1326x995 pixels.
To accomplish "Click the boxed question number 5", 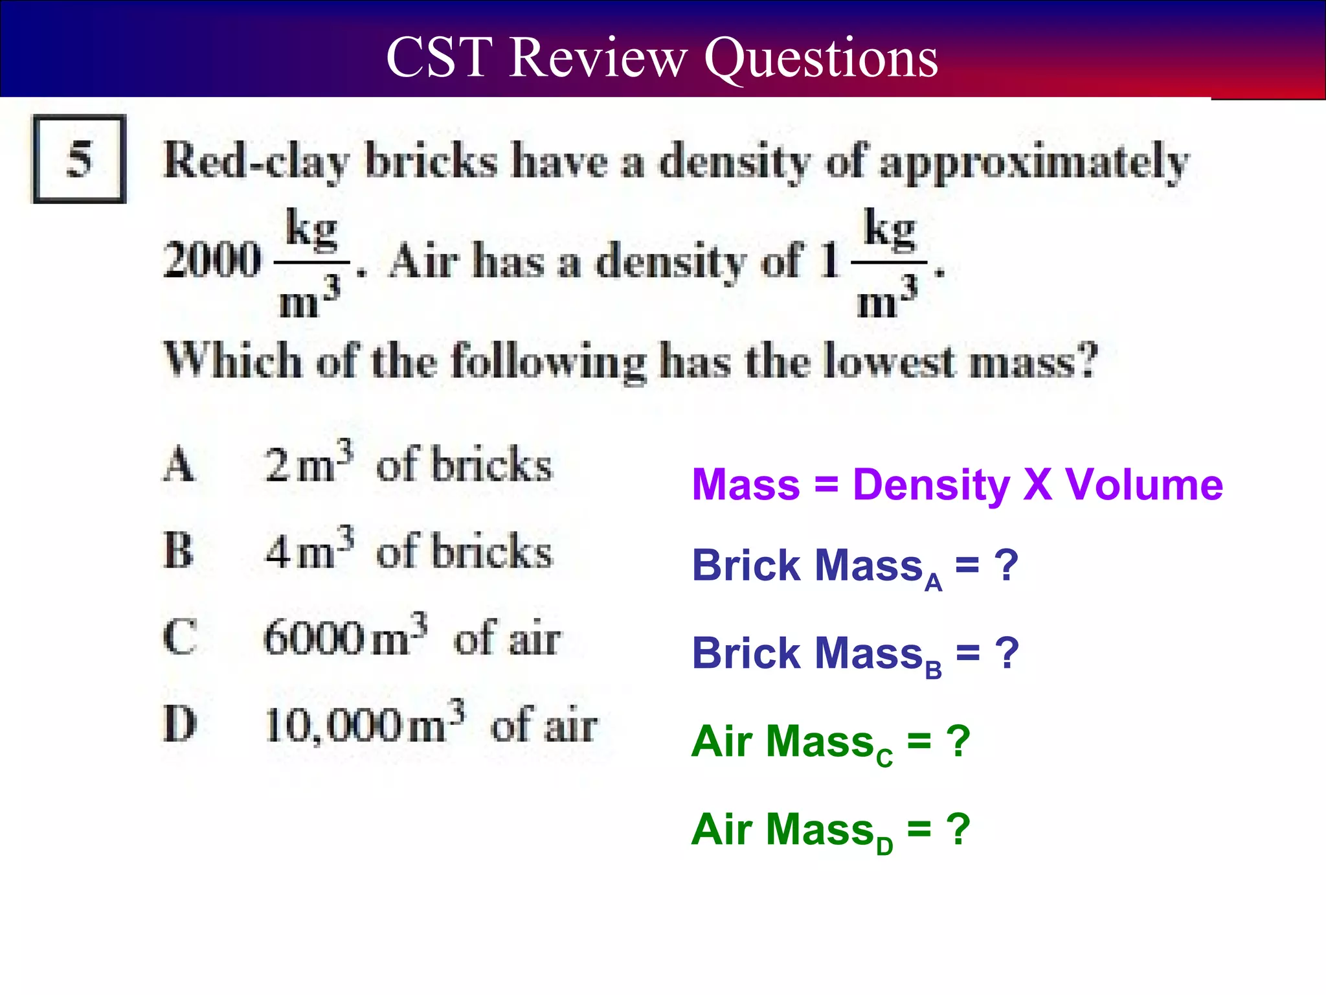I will [79, 159].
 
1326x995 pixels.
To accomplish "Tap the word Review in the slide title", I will [597, 58].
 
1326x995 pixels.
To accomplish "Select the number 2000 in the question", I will [212, 260].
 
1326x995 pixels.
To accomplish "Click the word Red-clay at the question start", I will [257, 161].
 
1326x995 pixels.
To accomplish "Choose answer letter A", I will [178, 465].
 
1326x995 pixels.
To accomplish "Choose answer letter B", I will [178, 551].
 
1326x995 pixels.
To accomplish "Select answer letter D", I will [179, 724].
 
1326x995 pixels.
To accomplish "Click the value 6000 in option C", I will [315, 638].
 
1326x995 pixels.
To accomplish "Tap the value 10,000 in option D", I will [333, 725].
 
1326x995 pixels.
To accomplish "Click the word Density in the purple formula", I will [931, 485].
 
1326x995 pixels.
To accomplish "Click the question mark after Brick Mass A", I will [1006, 565].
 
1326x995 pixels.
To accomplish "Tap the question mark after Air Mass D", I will [958, 829].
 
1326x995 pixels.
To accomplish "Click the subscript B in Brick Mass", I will [933, 670].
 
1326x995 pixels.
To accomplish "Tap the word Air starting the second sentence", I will [424, 261].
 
